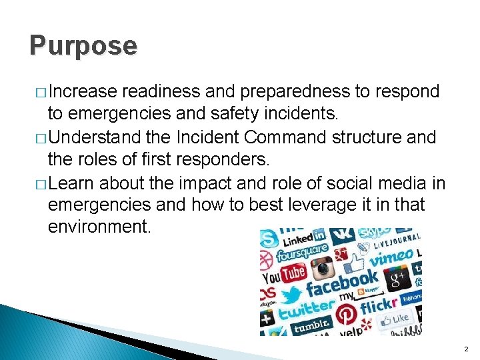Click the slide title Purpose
click(x=83, y=46)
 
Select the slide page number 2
click(x=466, y=349)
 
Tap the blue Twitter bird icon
click(x=291, y=293)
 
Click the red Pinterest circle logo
click(x=345, y=313)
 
